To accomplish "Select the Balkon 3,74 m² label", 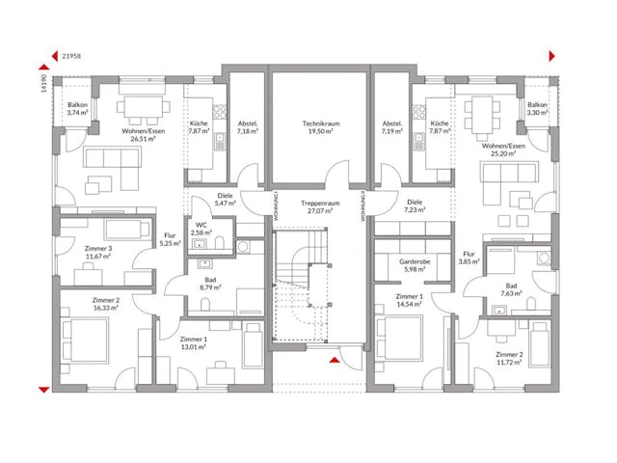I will [x=77, y=109].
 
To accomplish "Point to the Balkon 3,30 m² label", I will [x=537, y=109].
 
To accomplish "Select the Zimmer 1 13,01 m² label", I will [x=194, y=344].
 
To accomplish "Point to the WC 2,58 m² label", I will [x=202, y=229].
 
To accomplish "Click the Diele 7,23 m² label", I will [x=415, y=205].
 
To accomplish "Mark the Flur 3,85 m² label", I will [x=469, y=258].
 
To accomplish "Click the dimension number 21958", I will [x=70, y=57].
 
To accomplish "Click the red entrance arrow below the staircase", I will [x=334, y=361].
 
